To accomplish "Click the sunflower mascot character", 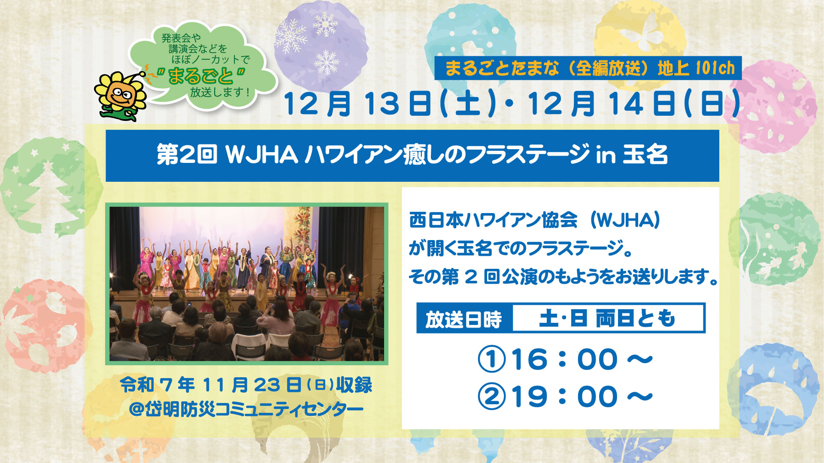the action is [121, 96].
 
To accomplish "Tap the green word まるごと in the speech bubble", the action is [200, 76].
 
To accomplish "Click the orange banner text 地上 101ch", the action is [696, 68].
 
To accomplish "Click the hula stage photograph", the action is [247, 284].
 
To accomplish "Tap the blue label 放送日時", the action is [464, 319].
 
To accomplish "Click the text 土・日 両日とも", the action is [607, 319].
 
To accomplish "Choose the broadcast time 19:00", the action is [582, 397].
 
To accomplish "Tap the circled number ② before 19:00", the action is [492, 397].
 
